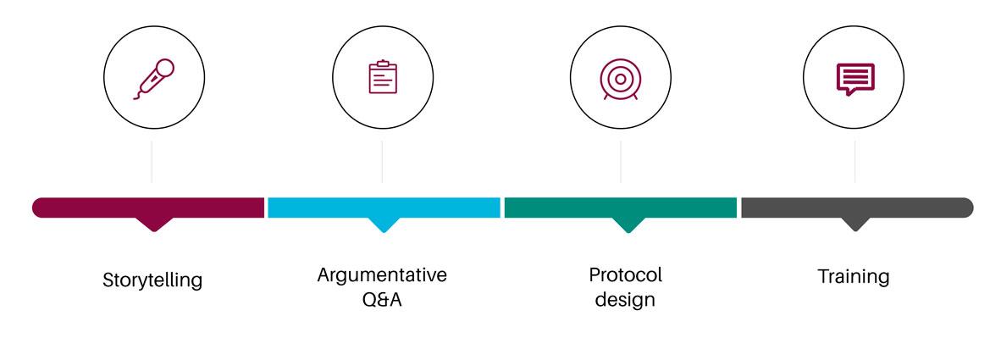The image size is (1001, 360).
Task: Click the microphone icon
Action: tap(154, 79)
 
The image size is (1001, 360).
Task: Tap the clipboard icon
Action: tap(383, 77)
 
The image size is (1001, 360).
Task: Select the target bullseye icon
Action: tap(620, 79)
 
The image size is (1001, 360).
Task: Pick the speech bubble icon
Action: tap(855, 79)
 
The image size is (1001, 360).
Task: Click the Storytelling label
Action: tap(152, 280)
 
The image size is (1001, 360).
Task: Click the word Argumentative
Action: tap(382, 275)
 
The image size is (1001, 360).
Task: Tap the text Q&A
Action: tap(382, 299)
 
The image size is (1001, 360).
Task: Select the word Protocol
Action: tap(626, 275)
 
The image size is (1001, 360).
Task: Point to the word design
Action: tap(625, 299)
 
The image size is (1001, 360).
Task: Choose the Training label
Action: tap(854, 277)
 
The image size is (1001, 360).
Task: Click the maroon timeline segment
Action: tap(148, 208)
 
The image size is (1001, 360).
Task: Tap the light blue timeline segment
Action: tap(384, 208)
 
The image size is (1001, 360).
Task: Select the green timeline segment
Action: tap(621, 208)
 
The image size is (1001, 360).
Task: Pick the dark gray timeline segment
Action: tap(857, 208)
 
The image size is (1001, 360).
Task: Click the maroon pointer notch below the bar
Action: tap(154, 224)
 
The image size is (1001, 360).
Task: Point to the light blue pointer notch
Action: tap(384, 224)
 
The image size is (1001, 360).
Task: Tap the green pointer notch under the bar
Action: tap(628, 224)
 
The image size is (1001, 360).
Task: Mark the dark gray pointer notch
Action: tap(855, 224)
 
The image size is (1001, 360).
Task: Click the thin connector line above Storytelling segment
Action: tap(152, 162)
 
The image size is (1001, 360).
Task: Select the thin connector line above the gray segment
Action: tap(854, 162)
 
